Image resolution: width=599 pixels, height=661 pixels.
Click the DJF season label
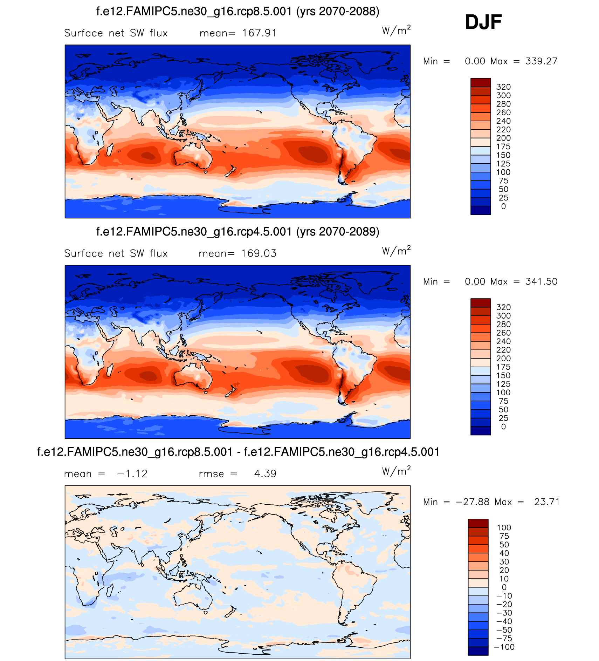(483, 22)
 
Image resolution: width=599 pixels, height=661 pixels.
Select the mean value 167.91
(259, 33)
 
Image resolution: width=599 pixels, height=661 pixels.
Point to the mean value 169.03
(259, 253)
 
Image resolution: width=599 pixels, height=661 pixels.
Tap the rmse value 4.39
(265, 474)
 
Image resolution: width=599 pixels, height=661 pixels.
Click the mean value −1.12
(132, 474)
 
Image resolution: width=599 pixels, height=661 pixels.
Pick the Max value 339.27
(541, 61)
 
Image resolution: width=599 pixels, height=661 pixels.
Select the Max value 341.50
(541, 282)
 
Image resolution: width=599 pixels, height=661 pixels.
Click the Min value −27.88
(473, 502)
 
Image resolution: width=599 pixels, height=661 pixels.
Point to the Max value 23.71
(547, 502)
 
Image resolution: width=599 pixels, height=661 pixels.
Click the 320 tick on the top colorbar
(503, 87)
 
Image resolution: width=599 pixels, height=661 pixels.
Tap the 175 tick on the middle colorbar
(503, 367)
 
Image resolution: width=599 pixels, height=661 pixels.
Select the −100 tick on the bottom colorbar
(504, 647)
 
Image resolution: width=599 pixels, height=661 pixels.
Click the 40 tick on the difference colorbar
(504, 553)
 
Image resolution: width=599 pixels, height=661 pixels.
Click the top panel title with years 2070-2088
(237, 12)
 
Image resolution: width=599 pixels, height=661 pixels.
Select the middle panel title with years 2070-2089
(237, 232)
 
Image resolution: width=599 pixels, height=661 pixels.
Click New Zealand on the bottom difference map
(230, 613)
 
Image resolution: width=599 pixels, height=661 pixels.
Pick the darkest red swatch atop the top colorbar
(480, 83)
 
